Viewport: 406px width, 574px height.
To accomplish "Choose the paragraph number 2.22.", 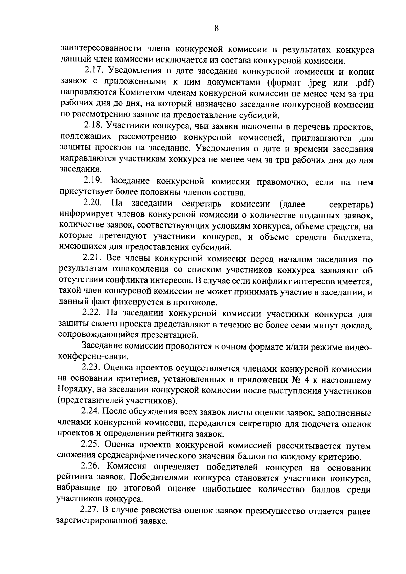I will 92,314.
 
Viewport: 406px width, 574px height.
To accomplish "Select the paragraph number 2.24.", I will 91,412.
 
